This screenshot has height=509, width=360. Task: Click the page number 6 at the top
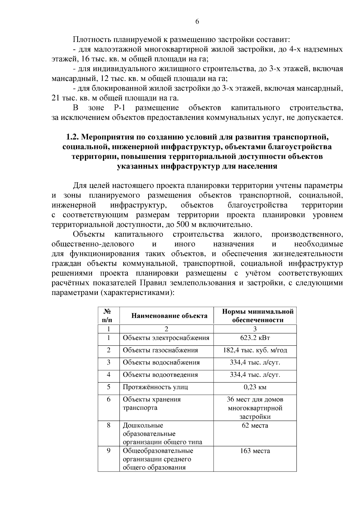click(x=197, y=22)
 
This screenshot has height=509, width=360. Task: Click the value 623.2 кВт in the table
click(x=255, y=338)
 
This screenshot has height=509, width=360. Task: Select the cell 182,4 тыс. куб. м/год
click(x=255, y=350)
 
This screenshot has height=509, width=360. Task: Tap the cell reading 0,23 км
click(x=255, y=387)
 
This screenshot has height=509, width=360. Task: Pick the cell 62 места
click(x=255, y=425)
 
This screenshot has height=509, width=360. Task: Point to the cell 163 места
click(x=255, y=451)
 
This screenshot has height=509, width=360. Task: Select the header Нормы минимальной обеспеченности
click(x=258, y=316)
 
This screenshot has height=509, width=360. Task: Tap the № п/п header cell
click(x=108, y=316)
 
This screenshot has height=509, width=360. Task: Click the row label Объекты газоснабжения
click(x=160, y=350)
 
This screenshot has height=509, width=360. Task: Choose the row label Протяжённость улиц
click(x=155, y=387)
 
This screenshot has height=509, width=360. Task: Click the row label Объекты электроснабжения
click(x=166, y=338)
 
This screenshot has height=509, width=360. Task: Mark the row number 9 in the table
click(x=109, y=451)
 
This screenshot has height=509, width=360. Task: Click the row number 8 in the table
click(x=109, y=425)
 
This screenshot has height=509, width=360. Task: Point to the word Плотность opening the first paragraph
click(x=90, y=40)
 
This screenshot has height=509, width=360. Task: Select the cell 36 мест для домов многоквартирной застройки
click(x=255, y=408)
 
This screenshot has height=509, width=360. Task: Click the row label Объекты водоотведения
click(x=160, y=375)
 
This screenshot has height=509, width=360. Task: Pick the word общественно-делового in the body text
click(x=93, y=244)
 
